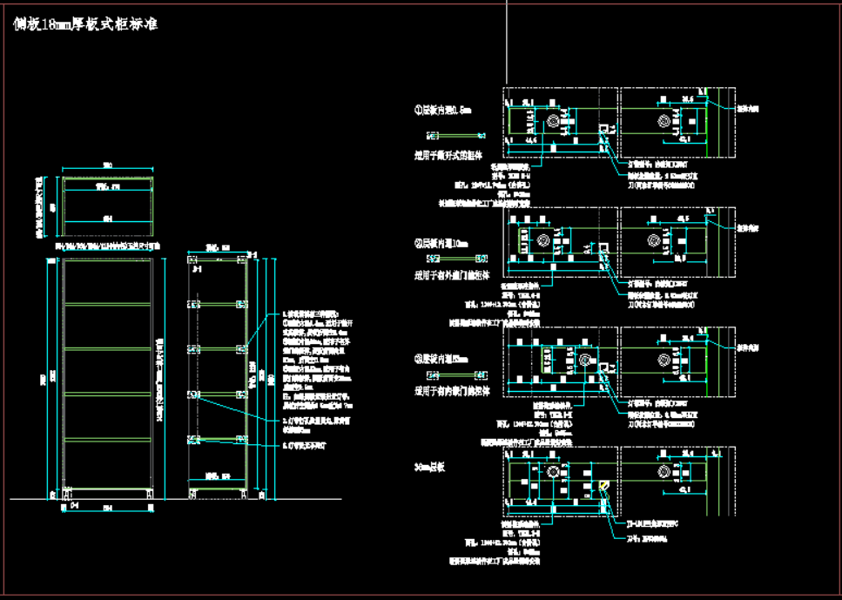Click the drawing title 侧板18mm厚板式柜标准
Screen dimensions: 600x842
85,25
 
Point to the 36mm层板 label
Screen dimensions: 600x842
430,468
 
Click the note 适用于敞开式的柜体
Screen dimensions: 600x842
447,156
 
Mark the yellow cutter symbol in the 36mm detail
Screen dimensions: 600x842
603,486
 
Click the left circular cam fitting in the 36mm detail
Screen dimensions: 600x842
552,470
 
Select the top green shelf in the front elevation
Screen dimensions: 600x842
109,303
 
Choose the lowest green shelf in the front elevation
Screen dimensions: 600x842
109,438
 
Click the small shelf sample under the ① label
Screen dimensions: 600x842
456,136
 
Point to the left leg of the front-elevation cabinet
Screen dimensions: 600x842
67,495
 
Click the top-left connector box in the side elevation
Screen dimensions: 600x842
195,260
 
